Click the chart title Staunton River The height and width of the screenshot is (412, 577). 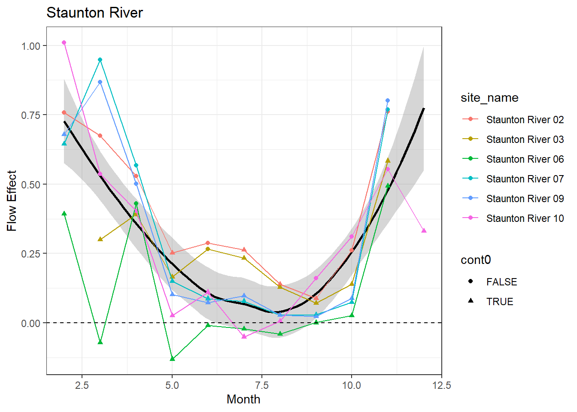[x=94, y=13]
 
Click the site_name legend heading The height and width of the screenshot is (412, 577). [x=489, y=98]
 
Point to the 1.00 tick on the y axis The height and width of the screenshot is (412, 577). [x=31, y=46]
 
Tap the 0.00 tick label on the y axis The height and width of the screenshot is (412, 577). [x=31, y=323]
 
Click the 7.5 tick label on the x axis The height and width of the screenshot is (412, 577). [x=262, y=385]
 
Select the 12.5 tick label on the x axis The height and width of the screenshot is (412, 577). [x=442, y=385]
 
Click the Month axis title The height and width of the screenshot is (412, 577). [x=243, y=400]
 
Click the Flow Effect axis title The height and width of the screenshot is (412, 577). [x=12, y=201]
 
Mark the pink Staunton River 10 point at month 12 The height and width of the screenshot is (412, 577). [x=424, y=231]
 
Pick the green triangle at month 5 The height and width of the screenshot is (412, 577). [x=173, y=359]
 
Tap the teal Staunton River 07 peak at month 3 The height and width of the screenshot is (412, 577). [x=100, y=60]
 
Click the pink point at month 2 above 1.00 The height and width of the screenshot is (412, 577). [x=64, y=42]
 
